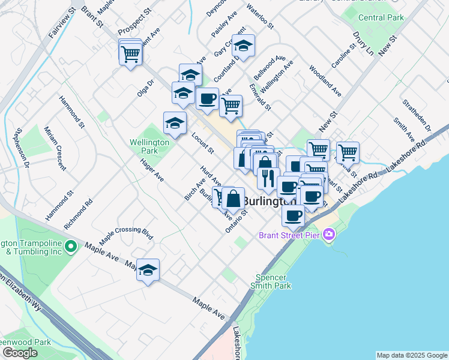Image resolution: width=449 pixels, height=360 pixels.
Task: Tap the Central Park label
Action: (381, 17)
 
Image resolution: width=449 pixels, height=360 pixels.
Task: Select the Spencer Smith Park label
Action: (273, 281)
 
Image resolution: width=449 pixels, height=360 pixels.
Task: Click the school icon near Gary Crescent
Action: (243, 46)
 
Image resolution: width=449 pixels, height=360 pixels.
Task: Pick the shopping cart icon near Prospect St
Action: (130, 54)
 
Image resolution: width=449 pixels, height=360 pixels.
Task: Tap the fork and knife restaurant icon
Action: (268, 178)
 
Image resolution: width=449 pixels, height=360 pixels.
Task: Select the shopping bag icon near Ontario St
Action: (233, 198)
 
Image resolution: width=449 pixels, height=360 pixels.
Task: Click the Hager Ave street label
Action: (152, 170)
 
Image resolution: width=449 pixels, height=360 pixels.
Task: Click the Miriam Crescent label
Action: (54, 152)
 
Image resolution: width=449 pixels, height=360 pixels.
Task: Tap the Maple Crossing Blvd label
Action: (122, 235)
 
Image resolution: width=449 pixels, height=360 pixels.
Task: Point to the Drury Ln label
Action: (363, 44)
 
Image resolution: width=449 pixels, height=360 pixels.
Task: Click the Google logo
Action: (20, 352)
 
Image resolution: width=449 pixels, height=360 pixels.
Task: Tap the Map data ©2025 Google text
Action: (411, 355)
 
